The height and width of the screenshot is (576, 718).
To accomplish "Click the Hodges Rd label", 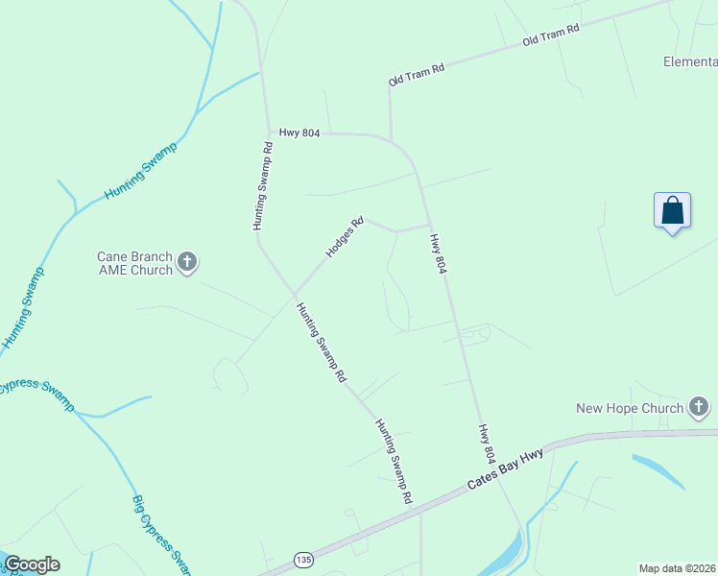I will point(346,237).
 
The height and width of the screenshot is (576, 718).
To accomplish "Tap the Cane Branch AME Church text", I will point(134,263).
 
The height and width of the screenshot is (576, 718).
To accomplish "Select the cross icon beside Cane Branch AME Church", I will point(187,262).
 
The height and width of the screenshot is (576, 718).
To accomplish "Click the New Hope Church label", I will point(629,408).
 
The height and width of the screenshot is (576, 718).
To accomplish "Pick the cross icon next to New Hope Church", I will point(699,408).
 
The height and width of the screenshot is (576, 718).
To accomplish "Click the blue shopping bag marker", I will point(673,210).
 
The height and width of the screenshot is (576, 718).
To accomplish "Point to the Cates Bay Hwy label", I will point(505,468).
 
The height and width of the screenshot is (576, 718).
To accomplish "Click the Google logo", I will point(32,564).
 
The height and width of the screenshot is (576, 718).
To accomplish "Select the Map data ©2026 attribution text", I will point(677,568).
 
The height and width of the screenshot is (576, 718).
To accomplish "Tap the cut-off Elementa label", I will point(690,61).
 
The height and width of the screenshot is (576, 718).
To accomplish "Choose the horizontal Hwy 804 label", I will point(299,132).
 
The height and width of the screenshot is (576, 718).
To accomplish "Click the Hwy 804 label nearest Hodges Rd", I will point(438,253).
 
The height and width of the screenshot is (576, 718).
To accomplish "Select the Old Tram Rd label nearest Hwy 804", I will point(417,75).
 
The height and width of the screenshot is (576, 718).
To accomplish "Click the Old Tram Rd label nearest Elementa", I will point(551,36).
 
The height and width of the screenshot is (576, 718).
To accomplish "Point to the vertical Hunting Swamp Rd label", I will point(263,186).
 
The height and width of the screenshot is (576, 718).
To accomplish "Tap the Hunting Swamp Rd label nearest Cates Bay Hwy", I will point(394,461).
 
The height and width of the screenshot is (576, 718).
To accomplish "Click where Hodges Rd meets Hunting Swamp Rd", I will point(295,294).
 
